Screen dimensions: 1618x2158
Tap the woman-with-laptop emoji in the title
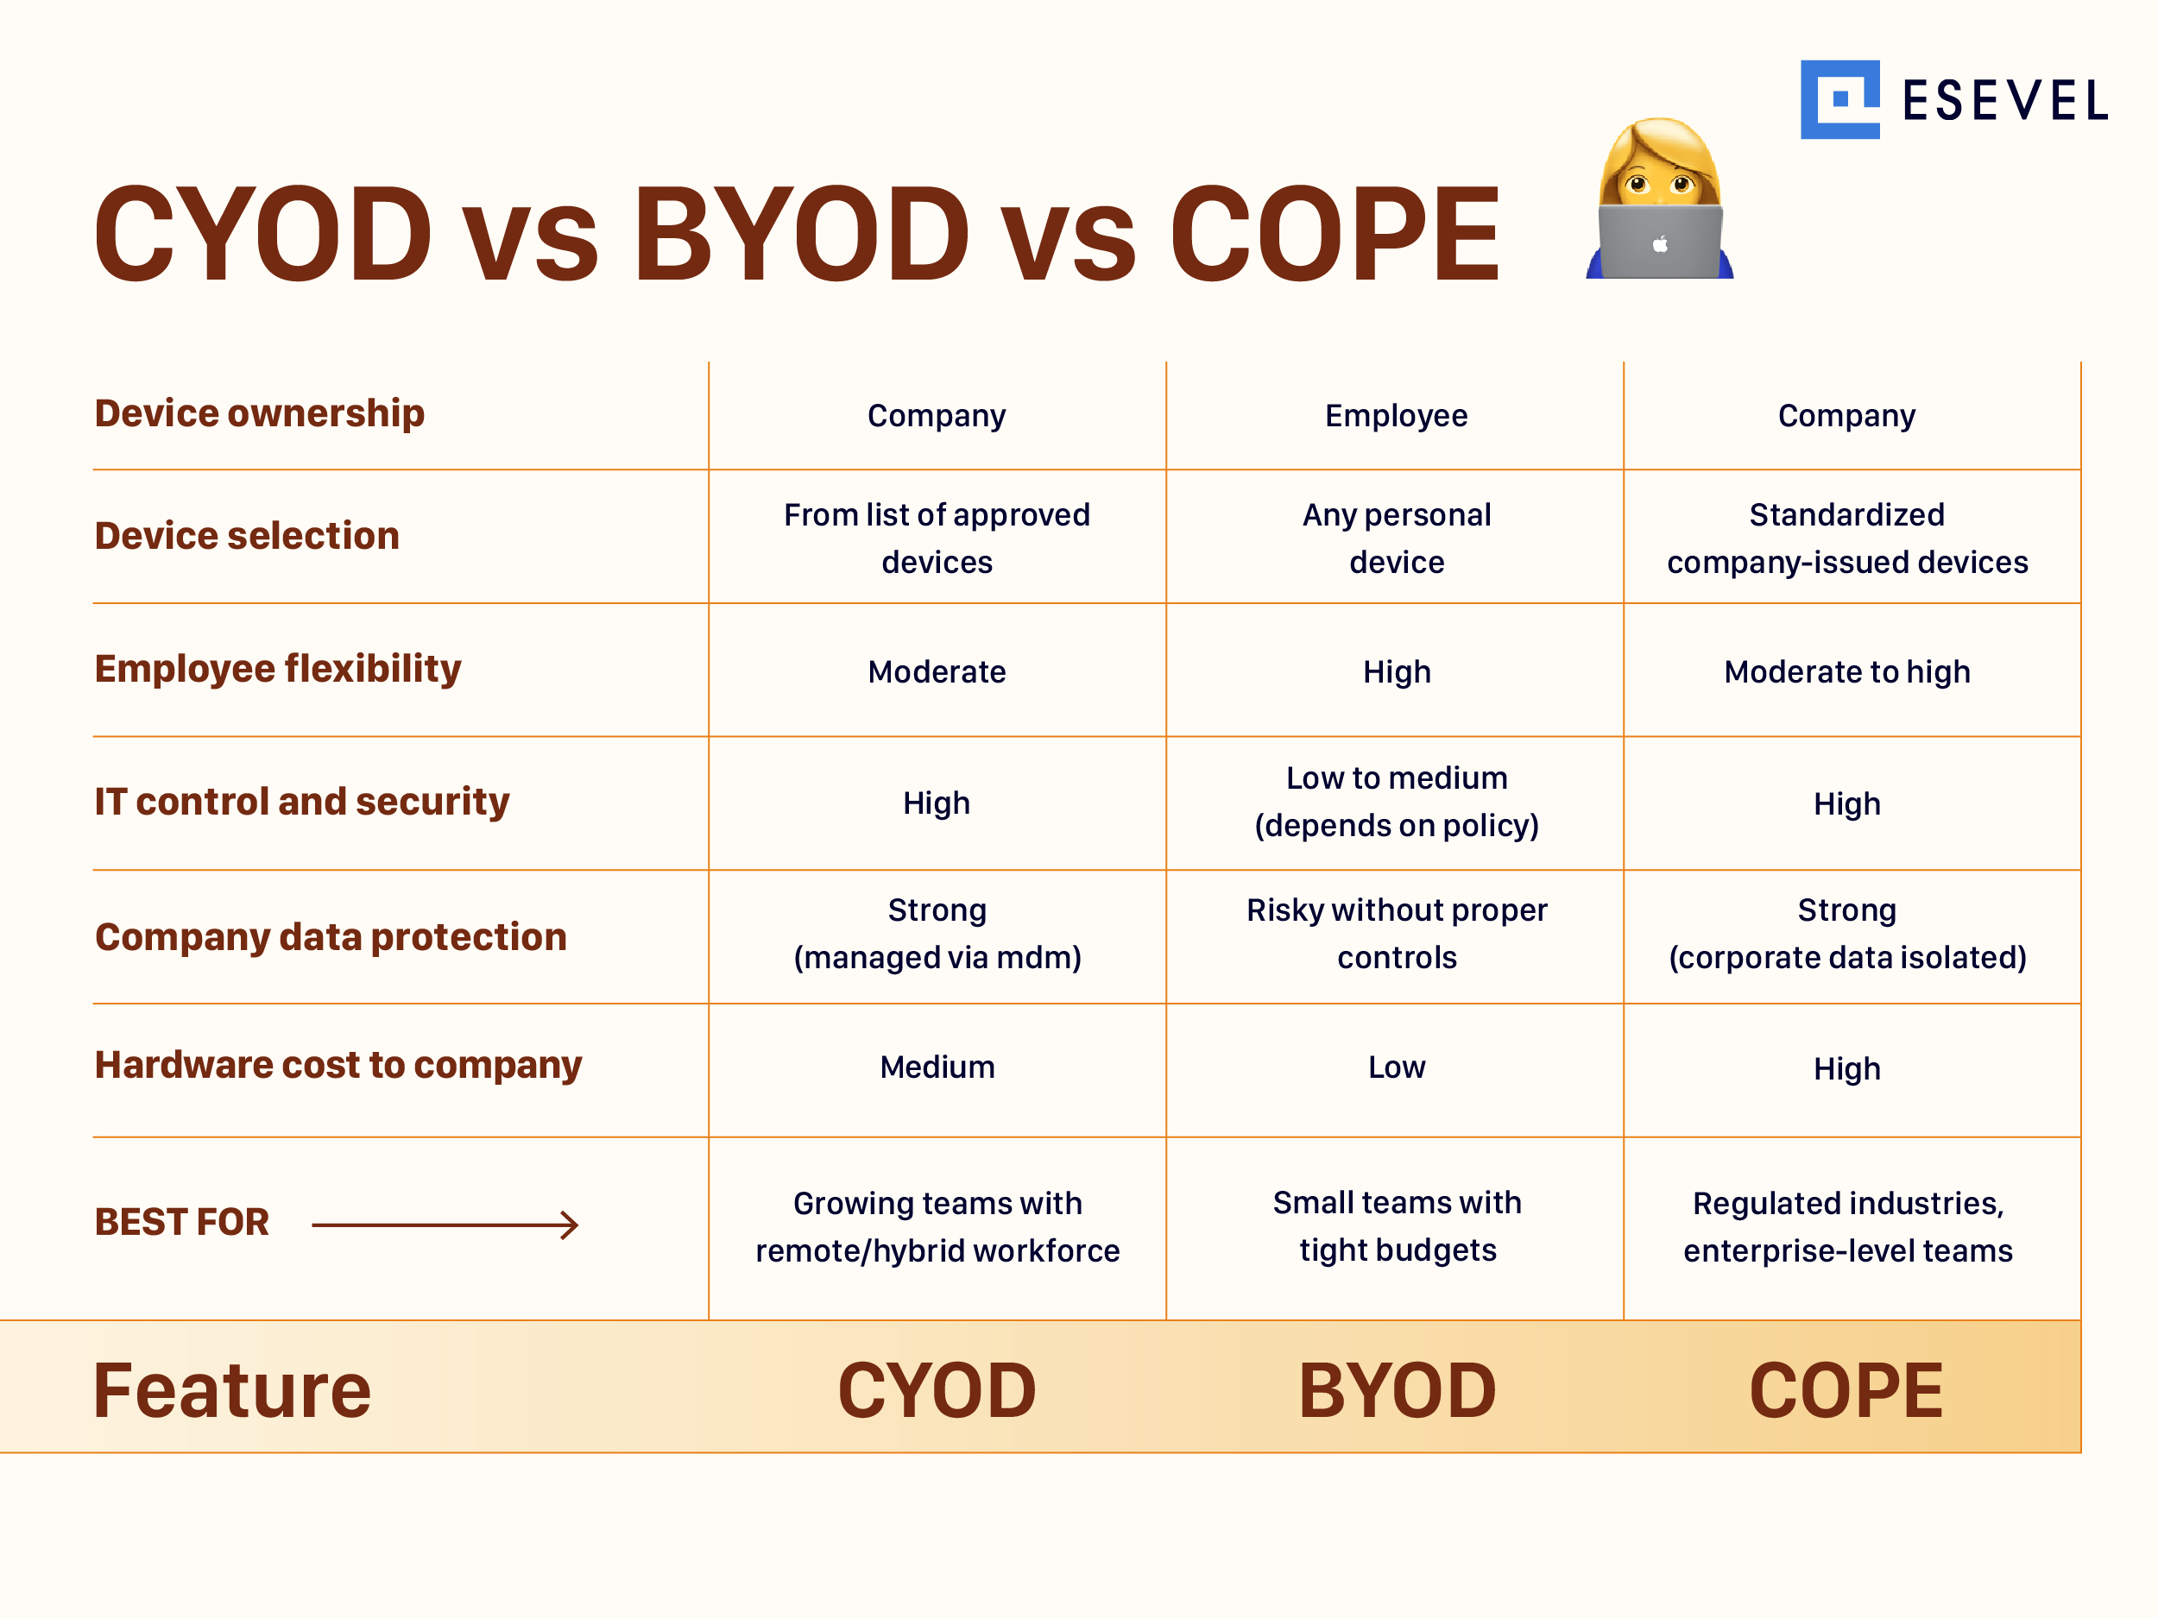tap(1659, 199)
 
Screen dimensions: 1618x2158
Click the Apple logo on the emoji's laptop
tap(1659, 245)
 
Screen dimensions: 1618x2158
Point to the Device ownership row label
tap(260, 413)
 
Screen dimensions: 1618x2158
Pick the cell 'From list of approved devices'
tap(937, 538)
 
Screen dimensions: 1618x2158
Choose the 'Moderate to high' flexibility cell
tap(1846, 672)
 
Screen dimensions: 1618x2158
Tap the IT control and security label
tap(301, 802)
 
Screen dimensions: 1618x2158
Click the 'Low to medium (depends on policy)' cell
tap(1396, 802)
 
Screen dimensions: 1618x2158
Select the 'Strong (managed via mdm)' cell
tap(937, 934)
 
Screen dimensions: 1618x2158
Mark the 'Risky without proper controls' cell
tap(1396, 934)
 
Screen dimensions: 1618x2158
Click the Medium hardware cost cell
tap(937, 1067)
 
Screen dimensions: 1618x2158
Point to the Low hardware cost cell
tap(1396, 1067)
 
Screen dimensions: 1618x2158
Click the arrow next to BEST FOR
tap(445, 1225)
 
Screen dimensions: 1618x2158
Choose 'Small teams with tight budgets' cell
tap(1396, 1226)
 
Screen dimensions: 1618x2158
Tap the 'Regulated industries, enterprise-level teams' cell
tap(1846, 1227)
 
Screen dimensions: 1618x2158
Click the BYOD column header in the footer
tap(1396, 1390)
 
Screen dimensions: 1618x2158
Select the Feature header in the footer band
tap(232, 1390)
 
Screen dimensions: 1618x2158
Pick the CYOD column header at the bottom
tap(937, 1390)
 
